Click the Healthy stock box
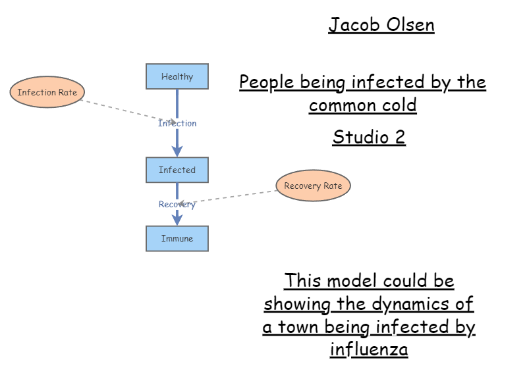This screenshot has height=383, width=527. (x=177, y=76)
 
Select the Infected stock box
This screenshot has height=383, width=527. (x=177, y=170)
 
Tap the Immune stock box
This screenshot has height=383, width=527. (x=177, y=238)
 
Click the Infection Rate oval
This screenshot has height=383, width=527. (x=47, y=92)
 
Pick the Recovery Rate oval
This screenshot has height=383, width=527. (x=313, y=186)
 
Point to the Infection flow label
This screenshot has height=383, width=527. (x=177, y=123)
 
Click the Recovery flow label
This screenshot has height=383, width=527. (x=177, y=204)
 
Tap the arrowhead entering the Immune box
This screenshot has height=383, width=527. (x=177, y=220)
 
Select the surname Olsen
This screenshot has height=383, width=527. (x=410, y=25)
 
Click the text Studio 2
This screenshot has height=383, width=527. (x=369, y=137)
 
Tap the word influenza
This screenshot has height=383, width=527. (x=369, y=349)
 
